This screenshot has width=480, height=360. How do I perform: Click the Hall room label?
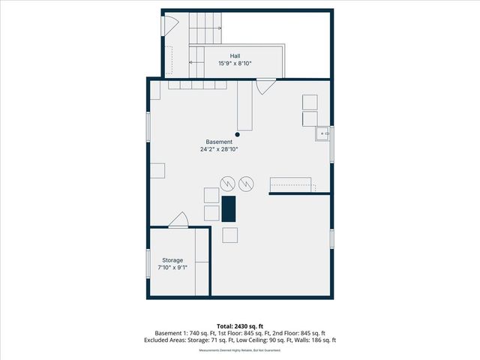235,55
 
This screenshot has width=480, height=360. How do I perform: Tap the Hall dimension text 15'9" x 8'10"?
235,63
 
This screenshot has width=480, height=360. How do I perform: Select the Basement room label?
220,142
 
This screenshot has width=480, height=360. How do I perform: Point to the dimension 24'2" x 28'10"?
220,149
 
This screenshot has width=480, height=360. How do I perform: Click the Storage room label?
172,259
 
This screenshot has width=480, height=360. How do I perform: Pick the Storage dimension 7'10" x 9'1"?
172,267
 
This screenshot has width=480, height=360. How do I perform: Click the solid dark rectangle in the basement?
229,208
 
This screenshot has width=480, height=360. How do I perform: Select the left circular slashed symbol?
227,183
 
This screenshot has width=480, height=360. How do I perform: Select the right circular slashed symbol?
246,183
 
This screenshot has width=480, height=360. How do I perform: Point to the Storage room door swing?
178,220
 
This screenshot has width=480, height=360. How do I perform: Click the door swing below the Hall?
265,87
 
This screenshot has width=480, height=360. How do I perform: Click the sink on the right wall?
322,134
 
